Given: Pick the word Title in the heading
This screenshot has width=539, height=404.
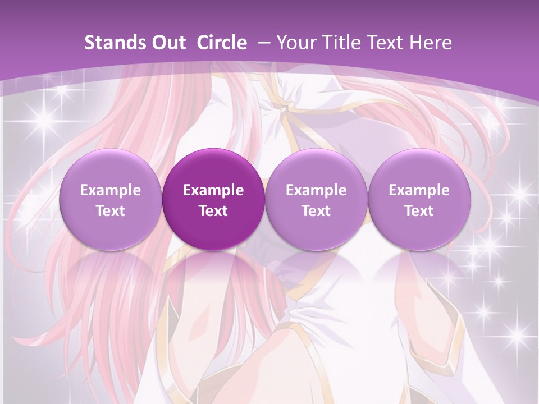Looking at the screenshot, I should tap(341, 43).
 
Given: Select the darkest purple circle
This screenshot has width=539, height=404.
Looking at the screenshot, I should tap(213, 200).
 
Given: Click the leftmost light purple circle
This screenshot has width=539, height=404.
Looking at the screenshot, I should tap(111, 200).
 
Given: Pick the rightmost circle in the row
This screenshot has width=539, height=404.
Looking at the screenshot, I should tap(419, 200).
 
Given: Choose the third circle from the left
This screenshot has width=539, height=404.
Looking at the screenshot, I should tap(316, 200).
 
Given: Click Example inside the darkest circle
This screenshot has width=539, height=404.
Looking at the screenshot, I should tap(213, 190).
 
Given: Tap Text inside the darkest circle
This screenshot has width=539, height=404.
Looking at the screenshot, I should tap(213, 211).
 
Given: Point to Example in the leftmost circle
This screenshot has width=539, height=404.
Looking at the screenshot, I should tap(111, 190).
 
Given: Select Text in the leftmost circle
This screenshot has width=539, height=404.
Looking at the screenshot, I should tap(111, 211).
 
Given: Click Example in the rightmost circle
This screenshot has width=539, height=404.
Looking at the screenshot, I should tap(419, 190).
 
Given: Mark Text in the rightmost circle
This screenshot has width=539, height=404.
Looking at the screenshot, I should tap(419, 211).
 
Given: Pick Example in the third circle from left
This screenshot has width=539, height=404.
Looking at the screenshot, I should tap(316, 190).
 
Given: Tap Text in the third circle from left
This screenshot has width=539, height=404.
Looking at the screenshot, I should tap(316, 211).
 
